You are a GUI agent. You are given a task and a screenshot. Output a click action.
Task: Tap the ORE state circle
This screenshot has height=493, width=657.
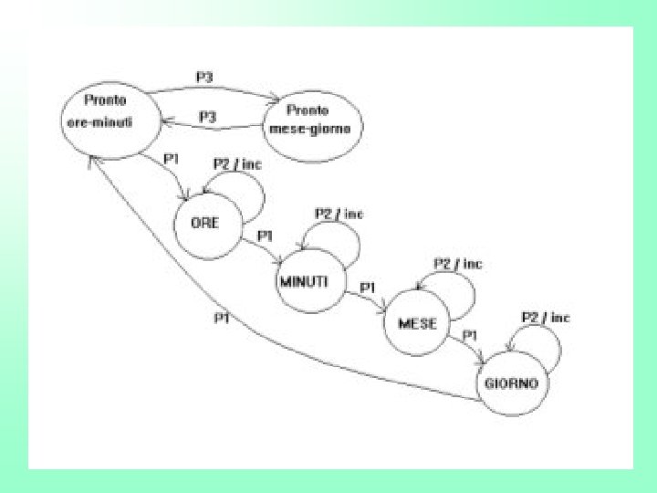(x=204, y=224)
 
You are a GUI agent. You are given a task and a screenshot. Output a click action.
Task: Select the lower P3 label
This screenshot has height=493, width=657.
(x=207, y=116)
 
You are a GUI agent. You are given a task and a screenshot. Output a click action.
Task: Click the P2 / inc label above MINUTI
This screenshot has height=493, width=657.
(x=339, y=214)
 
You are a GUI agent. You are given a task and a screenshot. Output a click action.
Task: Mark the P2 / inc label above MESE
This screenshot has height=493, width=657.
(x=456, y=264)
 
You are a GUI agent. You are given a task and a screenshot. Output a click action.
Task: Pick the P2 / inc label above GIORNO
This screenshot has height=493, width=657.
(x=546, y=318)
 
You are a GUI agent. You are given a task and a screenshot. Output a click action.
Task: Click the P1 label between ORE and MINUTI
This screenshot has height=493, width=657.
(x=266, y=236)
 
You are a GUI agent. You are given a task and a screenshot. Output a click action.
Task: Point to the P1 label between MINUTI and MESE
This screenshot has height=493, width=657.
(x=368, y=288)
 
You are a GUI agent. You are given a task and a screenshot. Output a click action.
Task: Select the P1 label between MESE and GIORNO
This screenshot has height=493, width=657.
(x=471, y=336)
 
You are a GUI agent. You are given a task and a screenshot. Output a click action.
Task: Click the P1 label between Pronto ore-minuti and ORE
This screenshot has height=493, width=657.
(x=171, y=158)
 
